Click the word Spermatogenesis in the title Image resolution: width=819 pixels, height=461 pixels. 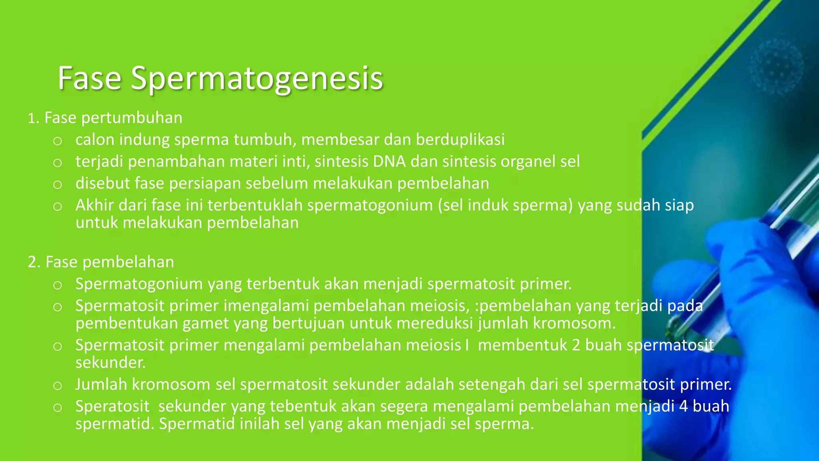[257, 79]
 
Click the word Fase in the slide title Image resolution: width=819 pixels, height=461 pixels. [89, 78]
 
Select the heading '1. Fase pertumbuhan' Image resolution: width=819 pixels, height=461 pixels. [105, 118]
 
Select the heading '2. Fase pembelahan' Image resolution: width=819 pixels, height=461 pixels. [101, 262]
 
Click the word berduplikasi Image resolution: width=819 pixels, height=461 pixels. [460, 140]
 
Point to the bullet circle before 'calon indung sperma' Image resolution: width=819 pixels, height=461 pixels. [58, 141]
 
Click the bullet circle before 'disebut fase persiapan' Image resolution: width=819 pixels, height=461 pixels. [58, 184]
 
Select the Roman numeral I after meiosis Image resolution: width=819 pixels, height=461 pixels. [467, 345]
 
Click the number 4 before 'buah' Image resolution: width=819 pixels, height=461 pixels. [683, 406]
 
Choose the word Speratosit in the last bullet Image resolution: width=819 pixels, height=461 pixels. [112, 406]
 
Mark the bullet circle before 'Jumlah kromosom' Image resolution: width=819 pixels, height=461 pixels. [58, 386]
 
